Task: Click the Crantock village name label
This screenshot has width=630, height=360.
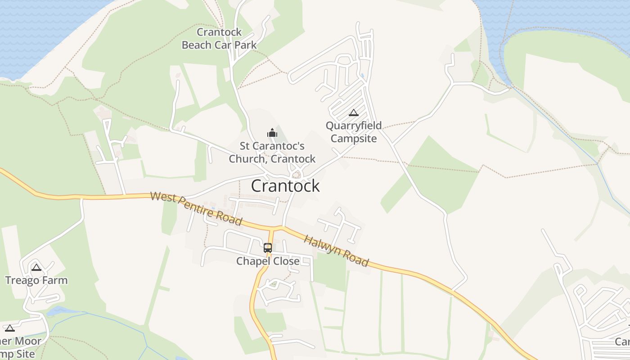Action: coord(285,186)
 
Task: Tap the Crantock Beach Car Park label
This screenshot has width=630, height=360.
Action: coord(219,39)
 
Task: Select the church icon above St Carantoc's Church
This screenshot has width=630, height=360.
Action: coord(272,133)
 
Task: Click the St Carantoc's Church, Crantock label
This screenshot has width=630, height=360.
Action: coord(272,153)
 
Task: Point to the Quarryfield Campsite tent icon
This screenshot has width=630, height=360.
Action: coord(354,112)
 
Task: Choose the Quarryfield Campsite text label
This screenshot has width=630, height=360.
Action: coord(354,132)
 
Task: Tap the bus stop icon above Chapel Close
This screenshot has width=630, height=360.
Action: coord(268,247)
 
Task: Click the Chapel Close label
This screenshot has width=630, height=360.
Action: coord(268,261)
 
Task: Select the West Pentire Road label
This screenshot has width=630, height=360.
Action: coord(196,209)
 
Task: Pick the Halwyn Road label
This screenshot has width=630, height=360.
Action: coord(337,251)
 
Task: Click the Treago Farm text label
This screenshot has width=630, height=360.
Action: coord(36,280)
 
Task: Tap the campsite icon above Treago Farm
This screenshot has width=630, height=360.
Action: coord(36,268)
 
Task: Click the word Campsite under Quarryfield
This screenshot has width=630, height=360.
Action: coord(354,138)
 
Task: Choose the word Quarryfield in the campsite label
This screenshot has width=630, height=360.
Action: coord(354,126)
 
